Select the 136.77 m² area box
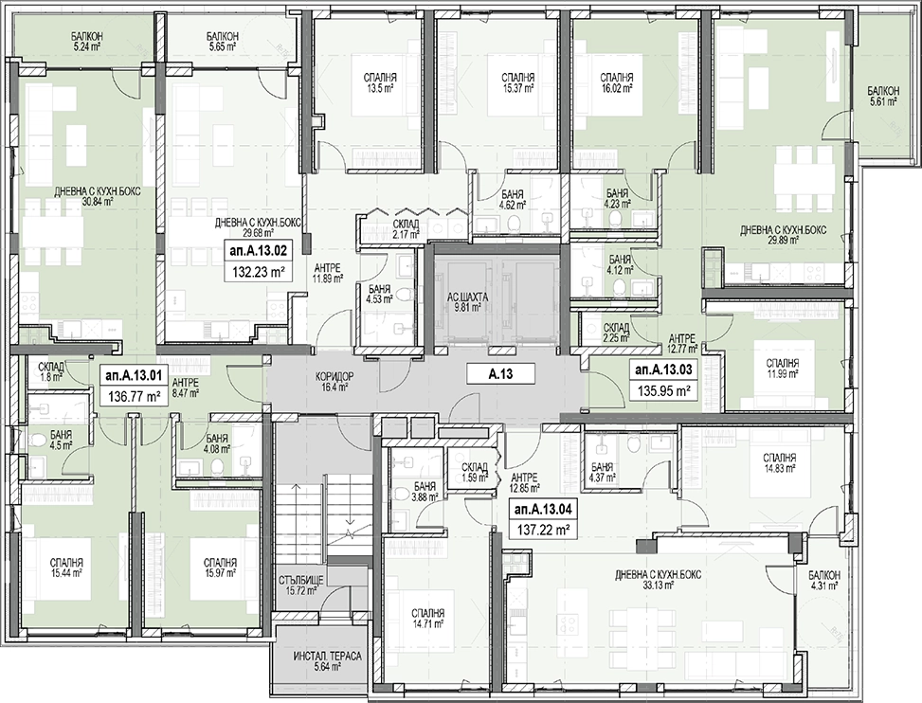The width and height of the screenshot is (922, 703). (x=135, y=397)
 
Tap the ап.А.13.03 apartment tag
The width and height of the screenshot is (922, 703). (x=664, y=370)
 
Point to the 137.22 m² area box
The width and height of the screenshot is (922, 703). (x=542, y=530)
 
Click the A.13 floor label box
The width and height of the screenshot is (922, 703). (x=500, y=373)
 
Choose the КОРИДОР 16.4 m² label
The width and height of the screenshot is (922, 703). (x=334, y=382)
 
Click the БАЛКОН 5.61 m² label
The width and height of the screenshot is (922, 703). (x=883, y=96)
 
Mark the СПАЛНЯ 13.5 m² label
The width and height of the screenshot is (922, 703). (x=380, y=82)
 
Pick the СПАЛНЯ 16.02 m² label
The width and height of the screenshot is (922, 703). (x=616, y=82)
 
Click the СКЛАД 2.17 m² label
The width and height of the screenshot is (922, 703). (x=407, y=229)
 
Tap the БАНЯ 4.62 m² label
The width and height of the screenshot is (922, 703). (x=512, y=199)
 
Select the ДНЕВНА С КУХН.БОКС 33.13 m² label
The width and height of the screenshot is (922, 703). (x=658, y=580)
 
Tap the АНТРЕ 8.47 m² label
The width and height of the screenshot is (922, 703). (x=185, y=388)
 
